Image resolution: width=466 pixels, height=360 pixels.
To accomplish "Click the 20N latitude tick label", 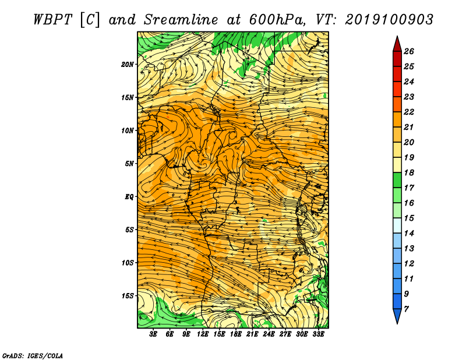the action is coord(128,65).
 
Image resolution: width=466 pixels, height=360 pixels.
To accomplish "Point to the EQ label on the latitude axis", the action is coord(129,197).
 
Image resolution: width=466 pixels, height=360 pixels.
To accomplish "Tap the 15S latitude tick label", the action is coord(128,296).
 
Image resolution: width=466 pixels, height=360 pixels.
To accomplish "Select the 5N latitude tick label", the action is coord(129,164).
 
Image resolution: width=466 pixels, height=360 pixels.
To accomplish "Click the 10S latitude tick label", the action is coord(128,263).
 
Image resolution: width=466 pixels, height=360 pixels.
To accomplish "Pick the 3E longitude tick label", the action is coord(153,334).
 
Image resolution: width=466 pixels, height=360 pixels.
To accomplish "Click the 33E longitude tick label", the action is coord(318,334).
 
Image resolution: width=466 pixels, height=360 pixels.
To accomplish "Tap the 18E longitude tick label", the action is coord(236,334).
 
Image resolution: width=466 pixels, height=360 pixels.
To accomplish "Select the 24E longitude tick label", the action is coord(269,334).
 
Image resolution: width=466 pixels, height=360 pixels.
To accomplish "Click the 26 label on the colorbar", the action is coord(409,51).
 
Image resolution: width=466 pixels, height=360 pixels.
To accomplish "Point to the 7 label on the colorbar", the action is coord(406,309).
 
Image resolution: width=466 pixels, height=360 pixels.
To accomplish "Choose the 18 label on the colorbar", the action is coord(409,172).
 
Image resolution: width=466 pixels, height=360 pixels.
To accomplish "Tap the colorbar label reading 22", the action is coord(409,112).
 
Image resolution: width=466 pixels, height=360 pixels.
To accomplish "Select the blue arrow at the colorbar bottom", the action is coord(397,316).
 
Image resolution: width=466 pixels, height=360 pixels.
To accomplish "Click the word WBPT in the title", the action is coord(53,20).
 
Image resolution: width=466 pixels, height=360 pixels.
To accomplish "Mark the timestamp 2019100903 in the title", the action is coord(389,20).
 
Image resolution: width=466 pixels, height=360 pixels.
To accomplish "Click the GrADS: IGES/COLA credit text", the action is coord(33,356).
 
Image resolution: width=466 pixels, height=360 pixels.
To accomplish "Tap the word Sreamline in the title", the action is coord(181,20).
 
